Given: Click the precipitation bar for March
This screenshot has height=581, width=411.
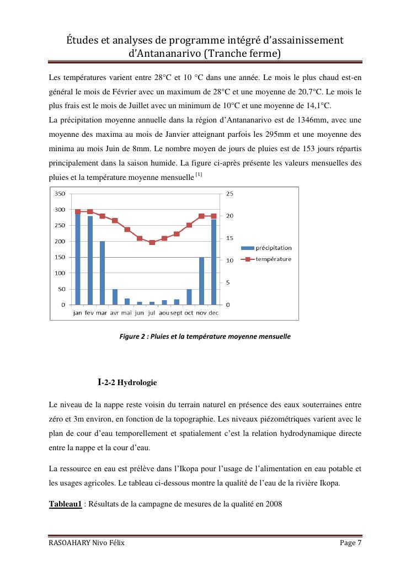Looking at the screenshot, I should tap(103, 273).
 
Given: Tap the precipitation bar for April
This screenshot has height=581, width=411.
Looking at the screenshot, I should tap(115, 296).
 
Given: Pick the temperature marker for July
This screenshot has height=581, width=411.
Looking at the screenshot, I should tap(152, 242).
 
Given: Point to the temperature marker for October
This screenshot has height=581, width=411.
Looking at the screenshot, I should tap(189, 225).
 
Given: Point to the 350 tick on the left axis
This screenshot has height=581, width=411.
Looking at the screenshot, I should tap(59, 194).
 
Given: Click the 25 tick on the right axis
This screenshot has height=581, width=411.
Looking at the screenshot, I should tap(230, 194).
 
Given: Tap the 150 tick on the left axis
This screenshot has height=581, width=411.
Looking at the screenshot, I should tap(59, 257).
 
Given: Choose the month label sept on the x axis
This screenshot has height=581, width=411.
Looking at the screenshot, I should tap(177, 313).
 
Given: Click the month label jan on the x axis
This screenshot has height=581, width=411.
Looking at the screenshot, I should tap(78, 313).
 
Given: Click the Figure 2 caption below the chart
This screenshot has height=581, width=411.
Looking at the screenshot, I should tap(205, 336).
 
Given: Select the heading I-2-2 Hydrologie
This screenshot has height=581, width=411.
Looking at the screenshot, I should tap(127, 382).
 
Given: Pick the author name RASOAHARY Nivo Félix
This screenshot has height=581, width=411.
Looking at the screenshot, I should tap(87, 543).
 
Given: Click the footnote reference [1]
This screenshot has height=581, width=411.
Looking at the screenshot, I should tap(199, 175).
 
